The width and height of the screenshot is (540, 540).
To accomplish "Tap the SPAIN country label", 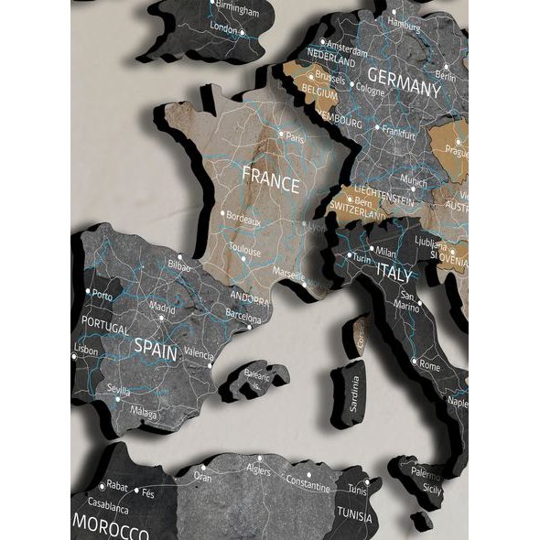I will pyautogui.click(x=157, y=346).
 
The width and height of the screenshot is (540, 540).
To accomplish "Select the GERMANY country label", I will pyautogui.click(x=404, y=88).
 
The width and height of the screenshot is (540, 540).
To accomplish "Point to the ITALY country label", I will pyautogui.click(x=395, y=272).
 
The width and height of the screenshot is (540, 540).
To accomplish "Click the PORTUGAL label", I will pyautogui.click(x=104, y=323).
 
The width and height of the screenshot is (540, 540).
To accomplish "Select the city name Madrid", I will pyautogui.click(x=162, y=308).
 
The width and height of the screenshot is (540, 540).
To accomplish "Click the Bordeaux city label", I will pyautogui.click(x=243, y=221).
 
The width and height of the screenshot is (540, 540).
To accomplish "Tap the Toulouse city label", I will pyautogui.click(x=244, y=251).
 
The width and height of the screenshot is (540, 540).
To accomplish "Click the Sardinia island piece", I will pyautogui.click(x=352, y=392).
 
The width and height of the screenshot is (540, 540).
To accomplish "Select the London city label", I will pyautogui.click(x=224, y=28).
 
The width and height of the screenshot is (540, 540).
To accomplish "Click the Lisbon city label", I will pyautogui.click(x=86, y=350).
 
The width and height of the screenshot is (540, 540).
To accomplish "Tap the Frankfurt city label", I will pyautogui.click(x=398, y=133).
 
